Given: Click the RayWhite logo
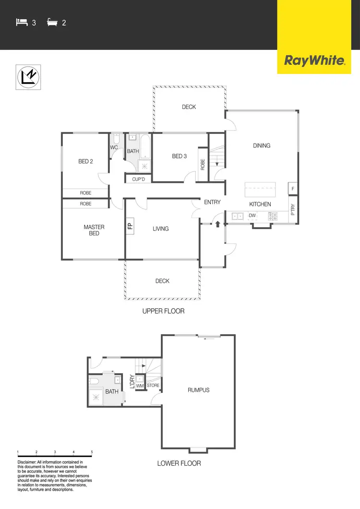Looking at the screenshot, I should pos(315,61).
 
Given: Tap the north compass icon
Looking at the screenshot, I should pos(29,77).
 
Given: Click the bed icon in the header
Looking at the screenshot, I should pos(21,22).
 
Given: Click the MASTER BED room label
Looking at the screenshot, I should pos(94,230).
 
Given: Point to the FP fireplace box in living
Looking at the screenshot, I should pos(130,225).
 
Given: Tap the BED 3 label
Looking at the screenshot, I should pos(179,156).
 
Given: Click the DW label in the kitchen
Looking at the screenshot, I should pos(252,216).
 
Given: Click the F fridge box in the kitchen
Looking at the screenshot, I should pos(293,189).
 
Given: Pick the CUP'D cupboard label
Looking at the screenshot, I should pos(139,179).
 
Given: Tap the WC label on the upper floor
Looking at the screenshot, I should pos(114,147).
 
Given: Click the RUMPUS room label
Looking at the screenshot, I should pos(198,390).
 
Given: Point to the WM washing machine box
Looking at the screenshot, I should pos(140,386).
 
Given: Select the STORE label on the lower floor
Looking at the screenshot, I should pos(153,386).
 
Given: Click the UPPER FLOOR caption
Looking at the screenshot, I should pos(163,311).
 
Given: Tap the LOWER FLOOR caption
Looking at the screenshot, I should pos(179,463).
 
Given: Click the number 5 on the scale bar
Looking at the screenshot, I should pos(92,452).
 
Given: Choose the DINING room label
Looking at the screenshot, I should pos(262,145).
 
